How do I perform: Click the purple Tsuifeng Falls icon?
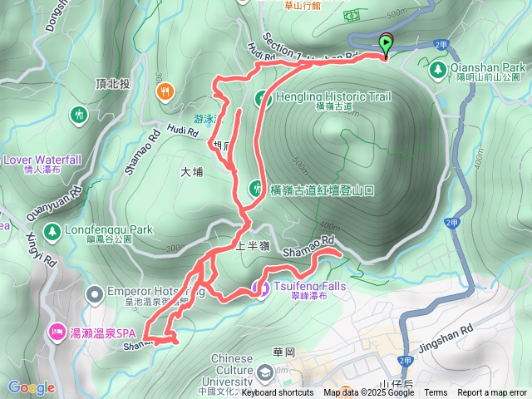(x=259, y=288)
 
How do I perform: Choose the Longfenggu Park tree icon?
(x=52, y=229)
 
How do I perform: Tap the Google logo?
(x=31, y=387)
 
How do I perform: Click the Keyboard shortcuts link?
(x=277, y=392)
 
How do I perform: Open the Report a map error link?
(x=493, y=392)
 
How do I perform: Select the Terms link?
(x=436, y=392)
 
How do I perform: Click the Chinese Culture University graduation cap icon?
(x=264, y=372)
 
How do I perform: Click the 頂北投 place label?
(x=113, y=83)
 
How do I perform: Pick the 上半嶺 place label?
(x=253, y=247)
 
